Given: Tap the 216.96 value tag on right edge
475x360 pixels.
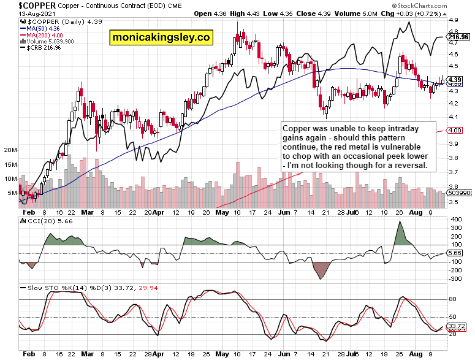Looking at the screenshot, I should click(458, 37).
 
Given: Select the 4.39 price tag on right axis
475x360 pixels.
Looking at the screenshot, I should click(455, 80).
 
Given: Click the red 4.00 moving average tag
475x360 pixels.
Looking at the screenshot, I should click(455, 130).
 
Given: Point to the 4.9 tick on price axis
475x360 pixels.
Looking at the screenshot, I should click(454, 20).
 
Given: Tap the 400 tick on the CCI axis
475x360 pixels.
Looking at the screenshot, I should click(455, 219).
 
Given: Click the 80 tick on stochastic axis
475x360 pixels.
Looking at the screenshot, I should click(454, 299).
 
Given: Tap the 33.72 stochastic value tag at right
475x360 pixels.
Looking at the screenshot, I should click(457, 326).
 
